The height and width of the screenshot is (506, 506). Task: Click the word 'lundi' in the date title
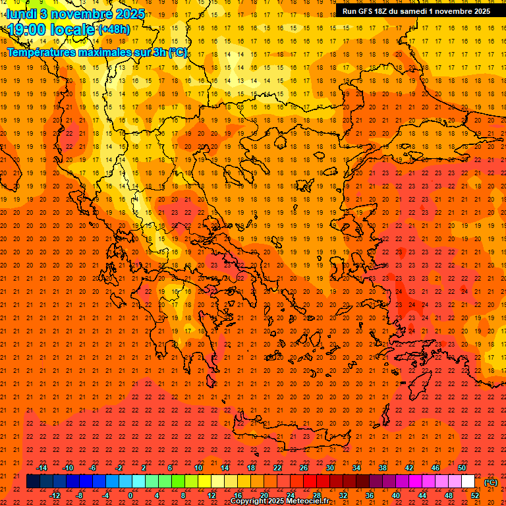click(22, 13)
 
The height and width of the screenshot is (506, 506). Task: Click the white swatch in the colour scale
click(468, 482)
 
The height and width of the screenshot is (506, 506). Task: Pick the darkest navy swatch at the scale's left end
click(33, 482)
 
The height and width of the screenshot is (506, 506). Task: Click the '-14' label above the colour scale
click(42, 468)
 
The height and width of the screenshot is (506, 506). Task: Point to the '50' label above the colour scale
click(462, 468)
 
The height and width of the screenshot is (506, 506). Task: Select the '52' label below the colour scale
click(475, 495)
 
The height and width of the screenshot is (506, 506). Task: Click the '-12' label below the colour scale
click(55, 495)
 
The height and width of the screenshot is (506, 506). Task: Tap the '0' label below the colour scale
click(130, 495)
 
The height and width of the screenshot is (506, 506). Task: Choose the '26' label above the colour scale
click(304, 468)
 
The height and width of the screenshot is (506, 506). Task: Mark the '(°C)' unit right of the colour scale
click(491, 482)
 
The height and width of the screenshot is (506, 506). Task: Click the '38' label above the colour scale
click(383, 468)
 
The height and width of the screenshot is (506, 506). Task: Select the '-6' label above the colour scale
click(93, 468)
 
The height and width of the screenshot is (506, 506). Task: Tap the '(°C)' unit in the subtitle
click(177, 52)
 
